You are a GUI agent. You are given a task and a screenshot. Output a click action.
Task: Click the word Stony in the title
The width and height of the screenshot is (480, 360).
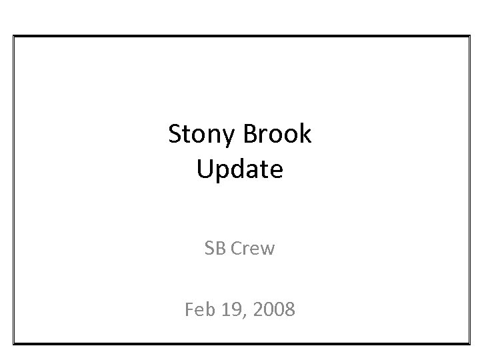tap(203, 135)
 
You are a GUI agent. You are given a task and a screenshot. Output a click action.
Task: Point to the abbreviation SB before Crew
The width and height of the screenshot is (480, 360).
tap(215, 249)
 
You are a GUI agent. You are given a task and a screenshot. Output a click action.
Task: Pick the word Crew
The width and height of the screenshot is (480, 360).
tap(253, 249)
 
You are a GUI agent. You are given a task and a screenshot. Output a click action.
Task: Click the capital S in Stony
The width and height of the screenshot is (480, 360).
tap(176, 135)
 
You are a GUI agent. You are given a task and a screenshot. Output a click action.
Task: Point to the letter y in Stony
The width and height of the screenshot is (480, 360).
tap(231, 138)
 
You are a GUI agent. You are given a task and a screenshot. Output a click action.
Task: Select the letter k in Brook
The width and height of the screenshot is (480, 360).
tap(305, 135)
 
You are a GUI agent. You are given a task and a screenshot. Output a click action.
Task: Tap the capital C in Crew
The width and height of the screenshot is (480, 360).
tap(236, 249)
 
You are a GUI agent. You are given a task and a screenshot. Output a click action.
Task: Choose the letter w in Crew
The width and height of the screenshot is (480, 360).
tap(267, 250)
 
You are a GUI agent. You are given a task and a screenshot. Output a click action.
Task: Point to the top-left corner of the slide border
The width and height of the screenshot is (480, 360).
tap(14, 35)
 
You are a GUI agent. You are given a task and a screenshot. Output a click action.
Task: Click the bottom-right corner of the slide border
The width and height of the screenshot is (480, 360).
tap(469, 344)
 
